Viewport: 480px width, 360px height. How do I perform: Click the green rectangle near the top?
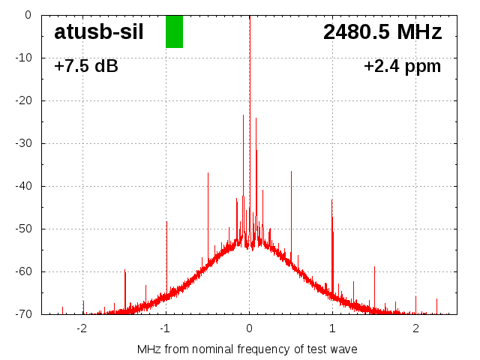point(174,31)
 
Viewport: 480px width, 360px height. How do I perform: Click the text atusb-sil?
point(99,31)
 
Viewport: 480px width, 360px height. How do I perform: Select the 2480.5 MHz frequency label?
point(382,31)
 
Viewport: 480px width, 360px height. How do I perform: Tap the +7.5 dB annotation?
point(86,66)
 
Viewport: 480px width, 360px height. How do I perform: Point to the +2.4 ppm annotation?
point(402,66)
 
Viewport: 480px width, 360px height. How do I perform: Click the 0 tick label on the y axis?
point(27,14)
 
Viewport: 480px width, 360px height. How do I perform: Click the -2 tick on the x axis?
point(82,328)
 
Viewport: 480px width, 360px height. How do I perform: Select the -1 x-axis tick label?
point(165,328)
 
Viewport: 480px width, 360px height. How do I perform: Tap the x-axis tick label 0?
point(250,328)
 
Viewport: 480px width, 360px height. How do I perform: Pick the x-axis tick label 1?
point(332,328)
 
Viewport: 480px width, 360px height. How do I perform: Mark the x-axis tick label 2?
point(415,328)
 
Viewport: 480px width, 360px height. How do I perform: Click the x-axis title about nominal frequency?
point(247,349)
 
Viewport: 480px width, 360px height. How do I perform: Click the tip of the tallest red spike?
point(244,115)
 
